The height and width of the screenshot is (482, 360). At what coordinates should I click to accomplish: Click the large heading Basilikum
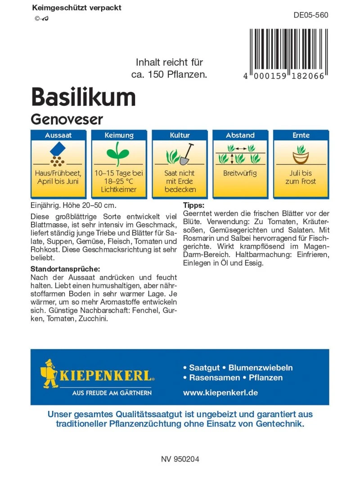pyautogui.click(x=83, y=97)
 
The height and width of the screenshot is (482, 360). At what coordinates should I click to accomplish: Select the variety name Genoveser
pyautogui.click(x=67, y=119)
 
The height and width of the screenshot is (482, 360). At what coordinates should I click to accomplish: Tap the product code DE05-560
pyautogui.click(x=311, y=15)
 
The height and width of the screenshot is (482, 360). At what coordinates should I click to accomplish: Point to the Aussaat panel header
pyautogui.click(x=58, y=135)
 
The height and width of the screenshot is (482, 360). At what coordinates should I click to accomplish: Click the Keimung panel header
pyautogui.click(x=119, y=135)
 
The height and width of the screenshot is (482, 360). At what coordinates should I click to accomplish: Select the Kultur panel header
pyautogui.click(x=180, y=135)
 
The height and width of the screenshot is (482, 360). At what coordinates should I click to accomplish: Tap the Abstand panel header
pyautogui.click(x=240, y=135)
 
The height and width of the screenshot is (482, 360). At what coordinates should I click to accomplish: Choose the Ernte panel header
pyautogui.click(x=301, y=135)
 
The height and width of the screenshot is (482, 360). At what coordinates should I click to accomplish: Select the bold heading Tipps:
pyautogui.click(x=194, y=205)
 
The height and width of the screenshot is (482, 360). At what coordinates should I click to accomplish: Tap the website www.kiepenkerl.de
pyautogui.click(x=220, y=392)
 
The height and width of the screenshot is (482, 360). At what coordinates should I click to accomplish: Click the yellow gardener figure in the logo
pyautogui.click(x=49, y=374)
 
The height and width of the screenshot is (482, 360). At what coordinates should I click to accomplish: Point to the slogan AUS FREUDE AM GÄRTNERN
pyautogui.click(x=112, y=393)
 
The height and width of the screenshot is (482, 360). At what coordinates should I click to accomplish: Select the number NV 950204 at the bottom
pyautogui.click(x=180, y=459)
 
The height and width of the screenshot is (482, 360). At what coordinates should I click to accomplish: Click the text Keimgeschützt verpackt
pyautogui.click(x=77, y=8)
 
